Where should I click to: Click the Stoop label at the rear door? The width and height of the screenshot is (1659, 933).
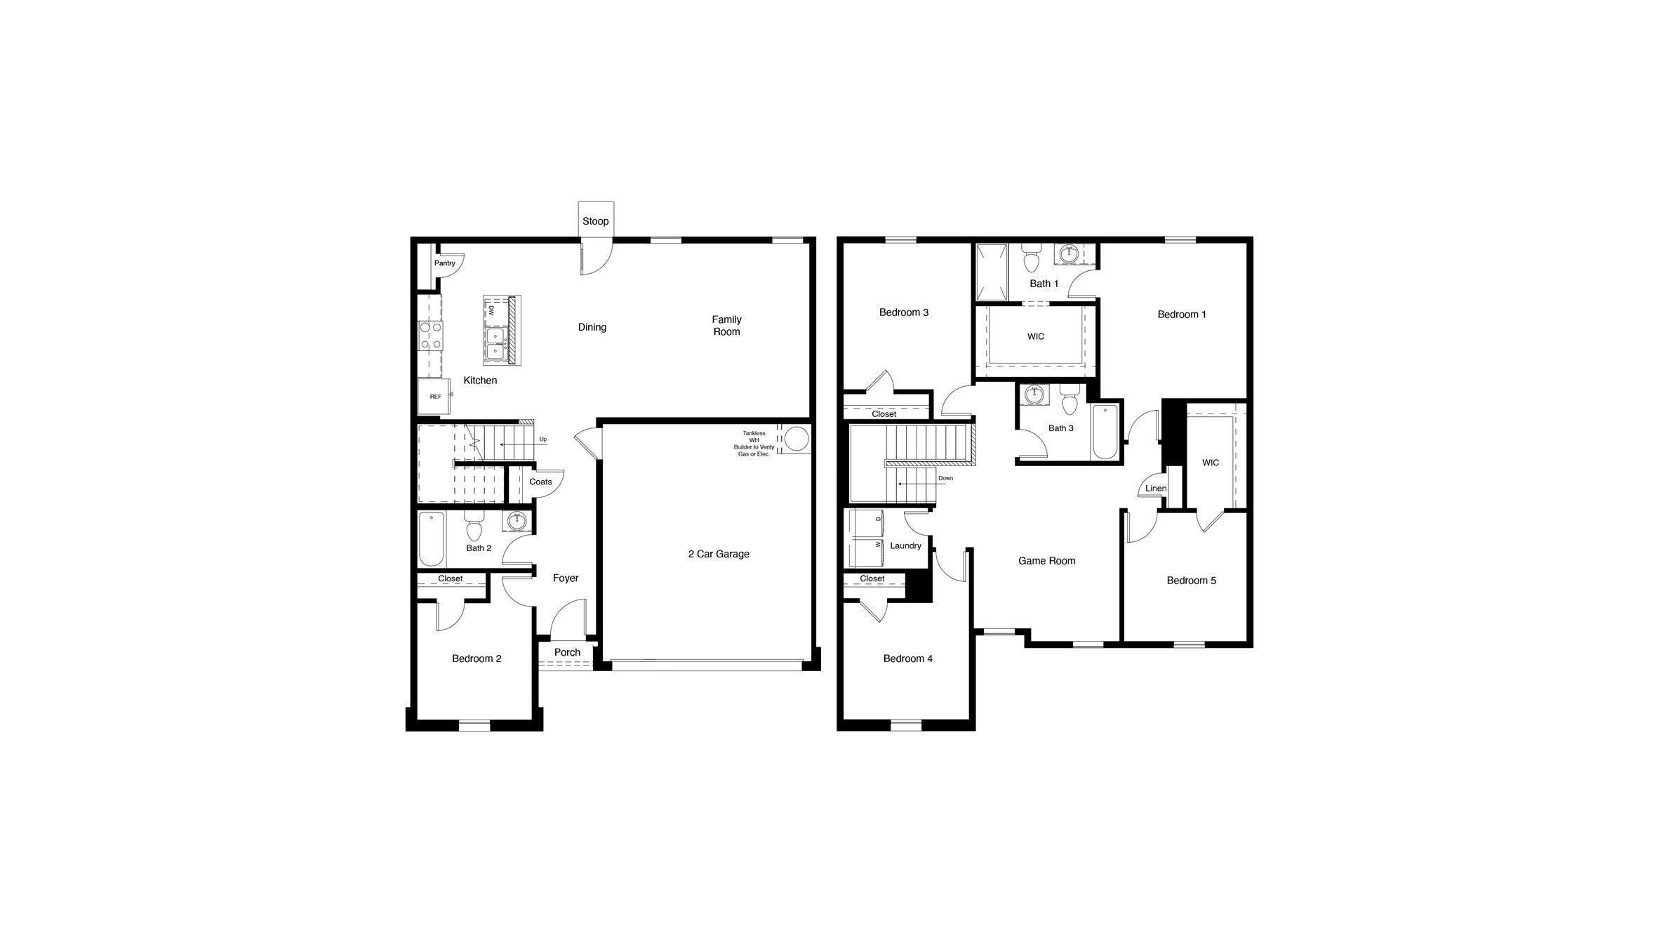[x=595, y=221]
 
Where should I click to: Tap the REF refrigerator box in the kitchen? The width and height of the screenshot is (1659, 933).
[x=435, y=397]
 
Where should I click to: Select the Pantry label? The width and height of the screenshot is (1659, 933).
[x=444, y=263]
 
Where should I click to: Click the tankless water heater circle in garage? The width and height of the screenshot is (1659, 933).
[x=796, y=439]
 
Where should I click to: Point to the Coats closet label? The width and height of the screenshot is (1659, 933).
[x=540, y=482]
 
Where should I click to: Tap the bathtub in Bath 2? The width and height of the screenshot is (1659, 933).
[x=431, y=539]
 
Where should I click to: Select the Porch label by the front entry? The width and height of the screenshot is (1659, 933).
[x=567, y=652]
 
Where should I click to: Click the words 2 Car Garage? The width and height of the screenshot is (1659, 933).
[x=719, y=554]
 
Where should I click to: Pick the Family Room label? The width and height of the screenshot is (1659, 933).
[x=726, y=326]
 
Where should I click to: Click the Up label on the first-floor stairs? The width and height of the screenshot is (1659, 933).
[x=542, y=439]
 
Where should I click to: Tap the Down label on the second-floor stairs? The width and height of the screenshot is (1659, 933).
[x=946, y=478]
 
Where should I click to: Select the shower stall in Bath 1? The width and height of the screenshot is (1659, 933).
[x=991, y=270]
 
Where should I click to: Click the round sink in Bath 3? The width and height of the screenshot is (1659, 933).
[x=1034, y=395]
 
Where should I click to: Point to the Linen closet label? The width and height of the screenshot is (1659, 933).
[x=1156, y=489]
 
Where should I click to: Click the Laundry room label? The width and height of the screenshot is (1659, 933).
[x=905, y=545]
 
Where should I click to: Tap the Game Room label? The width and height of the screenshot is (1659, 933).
[x=1046, y=561]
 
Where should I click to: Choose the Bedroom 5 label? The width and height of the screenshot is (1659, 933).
[x=1191, y=581]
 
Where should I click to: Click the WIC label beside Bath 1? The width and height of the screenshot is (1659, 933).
[x=1035, y=337]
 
